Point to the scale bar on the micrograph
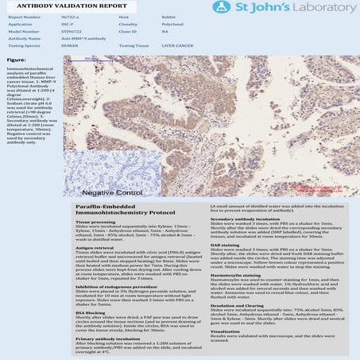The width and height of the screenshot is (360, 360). point(98,71)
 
